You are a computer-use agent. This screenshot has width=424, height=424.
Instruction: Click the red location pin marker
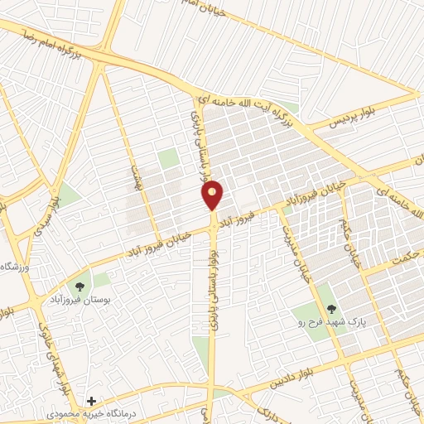(213, 195)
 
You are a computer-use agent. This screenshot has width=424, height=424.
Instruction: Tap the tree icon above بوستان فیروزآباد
(79, 287)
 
